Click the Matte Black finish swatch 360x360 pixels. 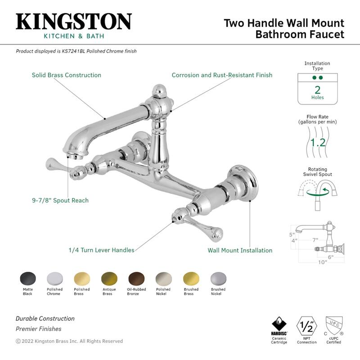click(27, 278)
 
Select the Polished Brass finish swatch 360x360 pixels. click(82, 278)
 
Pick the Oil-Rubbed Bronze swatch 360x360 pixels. click(136, 278)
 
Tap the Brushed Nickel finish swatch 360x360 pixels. click(218, 278)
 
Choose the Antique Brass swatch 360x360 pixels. click(108, 278)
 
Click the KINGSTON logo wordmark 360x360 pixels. click(74, 22)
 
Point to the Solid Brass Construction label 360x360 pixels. click(66, 75)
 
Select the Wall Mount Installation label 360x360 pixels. click(240, 250)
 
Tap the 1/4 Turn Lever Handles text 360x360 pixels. click(101, 250)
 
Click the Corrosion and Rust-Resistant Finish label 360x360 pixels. click(222, 75)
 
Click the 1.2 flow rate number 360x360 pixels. click(318, 143)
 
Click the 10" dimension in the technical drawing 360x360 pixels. click(322, 262)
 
